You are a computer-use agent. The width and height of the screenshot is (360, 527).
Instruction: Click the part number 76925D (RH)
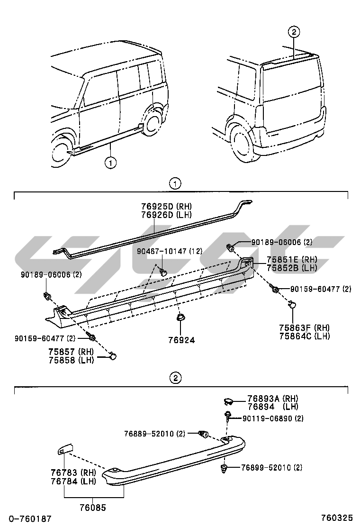pyautogui.click(x=165, y=206)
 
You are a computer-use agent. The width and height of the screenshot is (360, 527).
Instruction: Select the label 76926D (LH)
pyautogui.click(x=165, y=214)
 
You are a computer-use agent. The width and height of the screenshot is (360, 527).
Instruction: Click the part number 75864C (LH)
pyautogui.click(x=304, y=336)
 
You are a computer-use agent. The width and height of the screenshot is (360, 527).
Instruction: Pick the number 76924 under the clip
pyautogui.click(x=181, y=340)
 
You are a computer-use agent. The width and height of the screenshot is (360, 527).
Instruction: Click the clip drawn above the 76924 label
pyautogui.click(x=180, y=317)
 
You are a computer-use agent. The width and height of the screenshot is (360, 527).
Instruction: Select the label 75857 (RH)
pyautogui.click(x=71, y=352)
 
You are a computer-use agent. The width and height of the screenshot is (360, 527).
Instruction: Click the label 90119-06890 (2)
pyautogui.click(x=273, y=418)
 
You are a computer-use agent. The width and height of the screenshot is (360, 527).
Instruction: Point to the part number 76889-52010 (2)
pyautogui.click(x=154, y=434)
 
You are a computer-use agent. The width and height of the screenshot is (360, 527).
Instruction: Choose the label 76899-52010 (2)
pyautogui.click(x=271, y=468)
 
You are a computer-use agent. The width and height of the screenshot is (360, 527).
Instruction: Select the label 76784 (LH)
pyautogui.click(x=73, y=482)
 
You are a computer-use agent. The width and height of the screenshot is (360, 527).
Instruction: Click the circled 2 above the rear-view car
pyautogui.click(x=294, y=32)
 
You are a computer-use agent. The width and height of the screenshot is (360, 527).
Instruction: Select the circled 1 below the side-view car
pyautogui.click(x=110, y=163)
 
